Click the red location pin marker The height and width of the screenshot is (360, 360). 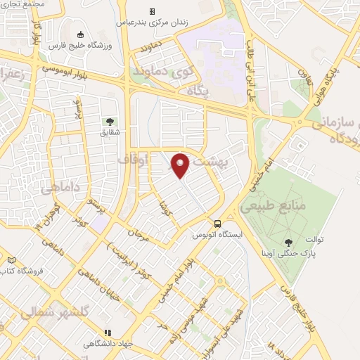(181, 165)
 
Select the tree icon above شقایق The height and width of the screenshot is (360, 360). (109, 121)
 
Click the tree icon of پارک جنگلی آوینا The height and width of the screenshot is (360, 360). (290, 240)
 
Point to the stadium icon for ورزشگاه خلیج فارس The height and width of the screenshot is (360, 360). (80, 35)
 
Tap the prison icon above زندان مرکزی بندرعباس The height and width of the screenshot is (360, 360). (152, 11)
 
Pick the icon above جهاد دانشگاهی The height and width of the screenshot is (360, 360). (108, 333)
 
